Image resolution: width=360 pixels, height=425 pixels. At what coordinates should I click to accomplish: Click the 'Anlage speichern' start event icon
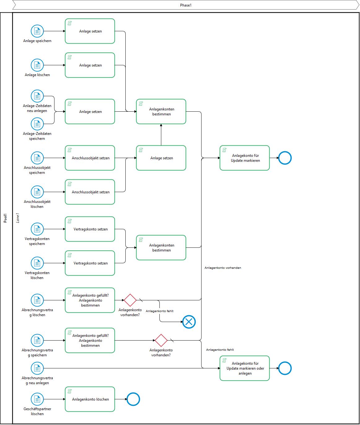click(x=37, y=31)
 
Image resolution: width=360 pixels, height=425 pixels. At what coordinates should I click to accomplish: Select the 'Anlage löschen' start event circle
click(x=37, y=65)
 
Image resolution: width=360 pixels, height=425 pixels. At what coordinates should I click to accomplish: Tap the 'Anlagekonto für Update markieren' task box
click(x=245, y=158)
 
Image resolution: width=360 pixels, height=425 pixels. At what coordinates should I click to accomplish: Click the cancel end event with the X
click(x=189, y=322)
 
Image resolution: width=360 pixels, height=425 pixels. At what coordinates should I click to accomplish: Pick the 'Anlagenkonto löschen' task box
click(x=90, y=399)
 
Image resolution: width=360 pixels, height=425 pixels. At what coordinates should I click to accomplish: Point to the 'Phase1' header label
click(x=186, y=5)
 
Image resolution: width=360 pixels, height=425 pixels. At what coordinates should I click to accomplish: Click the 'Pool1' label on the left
click(x=5, y=218)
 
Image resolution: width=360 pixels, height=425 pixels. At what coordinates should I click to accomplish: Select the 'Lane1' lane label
click(x=18, y=218)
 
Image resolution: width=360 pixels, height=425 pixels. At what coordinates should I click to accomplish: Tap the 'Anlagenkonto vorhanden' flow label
click(x=223, y=268)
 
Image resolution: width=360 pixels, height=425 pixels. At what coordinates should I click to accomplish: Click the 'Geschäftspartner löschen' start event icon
click(x=37, y=399)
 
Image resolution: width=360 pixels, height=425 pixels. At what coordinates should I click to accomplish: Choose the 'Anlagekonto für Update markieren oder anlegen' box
click(x=245, y=368)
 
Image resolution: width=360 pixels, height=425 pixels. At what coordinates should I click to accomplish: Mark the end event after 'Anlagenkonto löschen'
click(x=133, y=399)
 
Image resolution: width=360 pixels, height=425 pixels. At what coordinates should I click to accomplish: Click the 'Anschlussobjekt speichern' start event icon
click(x=37, y=158)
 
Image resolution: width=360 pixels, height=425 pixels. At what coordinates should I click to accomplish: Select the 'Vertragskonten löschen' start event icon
click(x=37, y=263)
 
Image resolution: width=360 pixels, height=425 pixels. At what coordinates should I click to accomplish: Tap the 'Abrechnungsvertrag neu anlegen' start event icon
click(x=37, y=368)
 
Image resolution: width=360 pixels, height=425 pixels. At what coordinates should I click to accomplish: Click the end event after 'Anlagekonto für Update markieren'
click(x=285, y=158)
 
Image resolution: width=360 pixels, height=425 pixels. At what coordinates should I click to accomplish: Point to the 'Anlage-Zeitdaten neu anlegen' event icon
click(x=37, y=96)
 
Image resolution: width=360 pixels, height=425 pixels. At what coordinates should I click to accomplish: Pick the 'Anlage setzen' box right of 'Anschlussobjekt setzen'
click(x=161, y=158)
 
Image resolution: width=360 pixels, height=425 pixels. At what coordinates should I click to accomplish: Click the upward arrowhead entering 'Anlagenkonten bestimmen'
click(x=161, y=126)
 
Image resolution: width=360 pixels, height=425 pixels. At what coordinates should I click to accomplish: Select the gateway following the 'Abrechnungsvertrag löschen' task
click(x=130, y=300)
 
